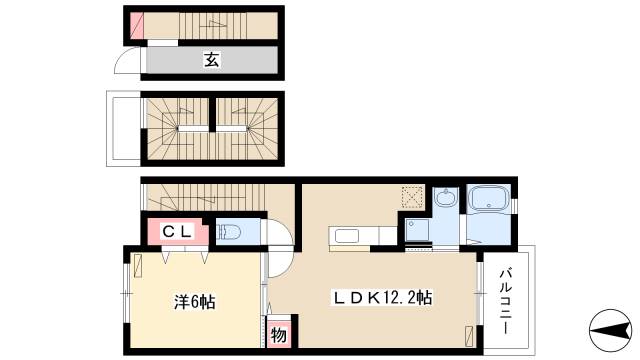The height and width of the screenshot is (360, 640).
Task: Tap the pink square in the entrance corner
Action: point(136,24)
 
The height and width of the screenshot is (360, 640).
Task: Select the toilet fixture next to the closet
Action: point(228,232)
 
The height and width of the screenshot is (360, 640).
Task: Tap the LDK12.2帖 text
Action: point(382,297)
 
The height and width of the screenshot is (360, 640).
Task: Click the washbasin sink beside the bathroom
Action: point(444,198)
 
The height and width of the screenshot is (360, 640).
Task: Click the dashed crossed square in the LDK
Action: point(412,196)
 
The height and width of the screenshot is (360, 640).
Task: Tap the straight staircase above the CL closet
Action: point(205,198)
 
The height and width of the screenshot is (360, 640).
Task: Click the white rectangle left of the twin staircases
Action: point(124,128)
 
